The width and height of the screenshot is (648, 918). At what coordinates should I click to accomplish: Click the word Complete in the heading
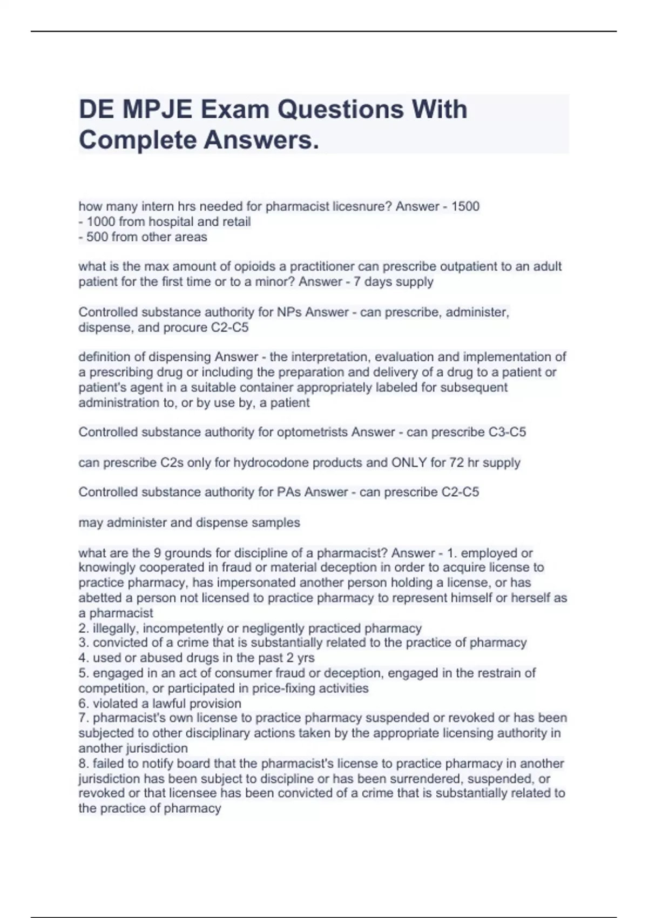pos(137,140)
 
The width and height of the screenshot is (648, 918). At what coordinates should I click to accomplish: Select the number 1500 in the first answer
pos(465,206)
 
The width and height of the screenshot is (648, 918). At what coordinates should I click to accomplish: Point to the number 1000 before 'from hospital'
pos(100,221)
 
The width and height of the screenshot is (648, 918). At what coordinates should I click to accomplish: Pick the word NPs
pos(289,312)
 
